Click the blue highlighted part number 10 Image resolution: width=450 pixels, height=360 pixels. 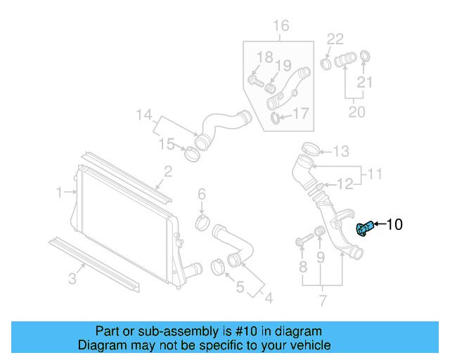coord(364,229)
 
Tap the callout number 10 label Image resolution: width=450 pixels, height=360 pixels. coord(394,225)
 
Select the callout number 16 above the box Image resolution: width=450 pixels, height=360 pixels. coord(281,27)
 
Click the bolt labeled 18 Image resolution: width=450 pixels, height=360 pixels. coord(255,82)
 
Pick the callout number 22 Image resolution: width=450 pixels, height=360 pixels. coord(335,39)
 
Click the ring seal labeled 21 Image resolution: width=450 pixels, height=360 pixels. coord(365,56)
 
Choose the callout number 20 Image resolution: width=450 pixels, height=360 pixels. coord(357,112)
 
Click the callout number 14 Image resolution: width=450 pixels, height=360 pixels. coord(143,115)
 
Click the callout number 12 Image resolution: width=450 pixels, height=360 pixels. coord(345,184)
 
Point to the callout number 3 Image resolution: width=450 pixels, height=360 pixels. coord(72,279)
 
